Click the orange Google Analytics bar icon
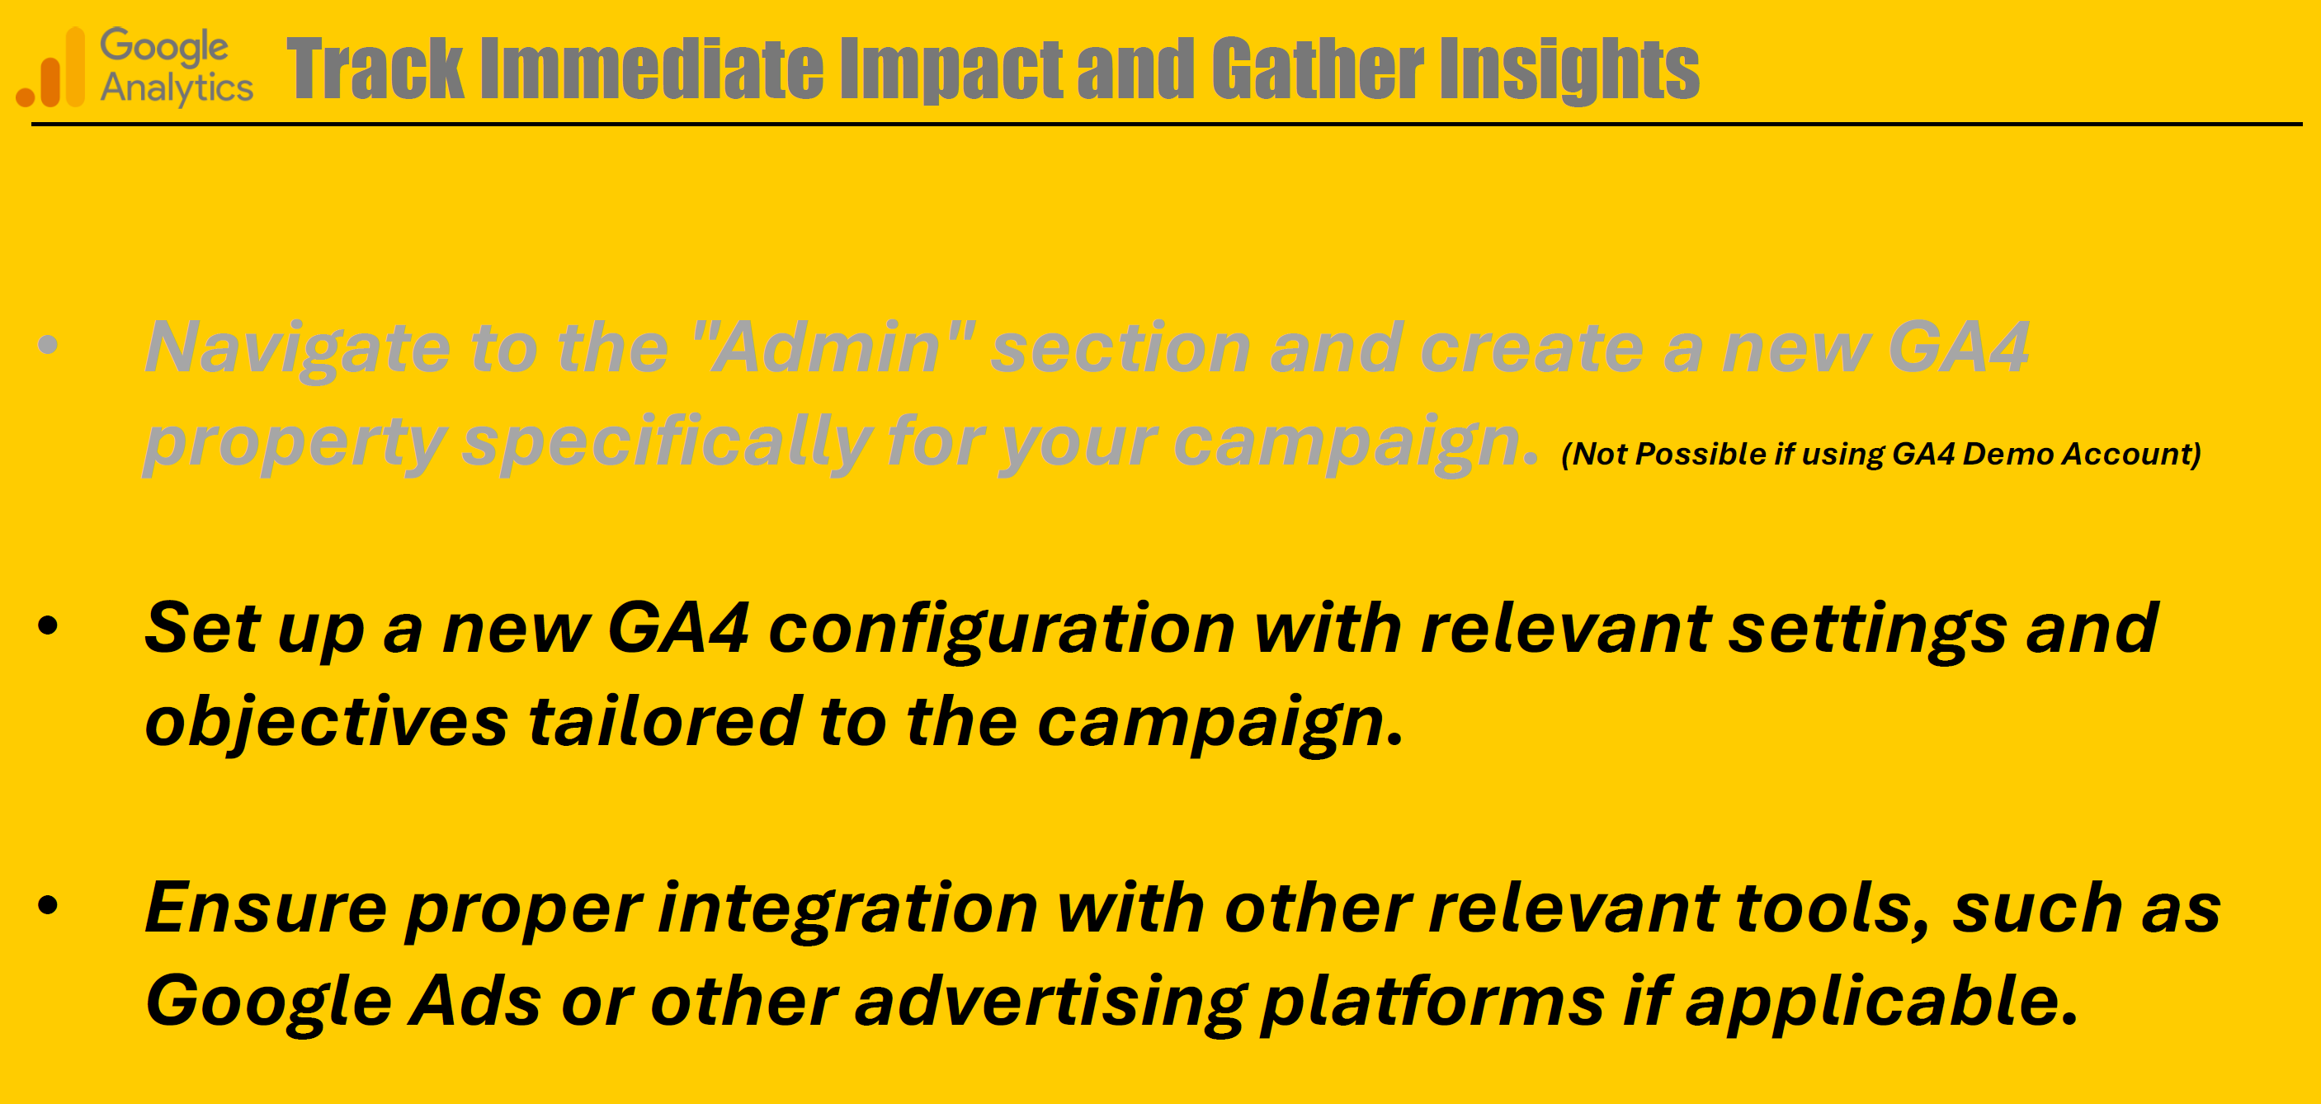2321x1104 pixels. pos(51,68)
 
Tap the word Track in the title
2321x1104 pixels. pos(375,68)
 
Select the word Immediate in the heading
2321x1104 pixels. pos(652,68)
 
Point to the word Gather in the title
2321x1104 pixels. pos(1318,68)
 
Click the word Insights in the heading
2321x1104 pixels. pos(1569,70)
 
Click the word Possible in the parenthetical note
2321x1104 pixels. pos(1701,453)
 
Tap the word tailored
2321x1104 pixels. pos(664,721)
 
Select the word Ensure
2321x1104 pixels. pos(266,908)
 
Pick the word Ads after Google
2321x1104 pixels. pos(474,1001)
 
